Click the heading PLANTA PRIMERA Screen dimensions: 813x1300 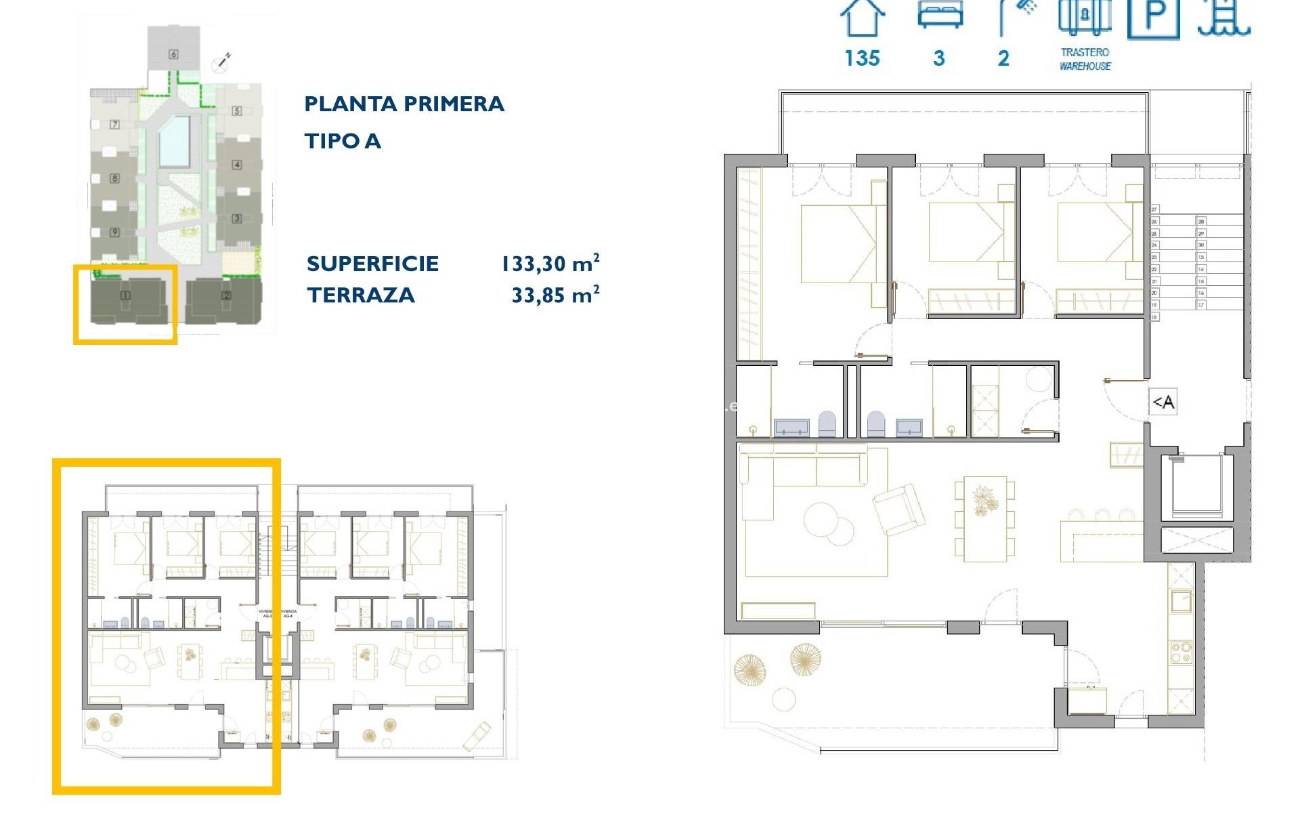click(x=404, y=104)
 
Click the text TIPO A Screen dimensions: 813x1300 click(x=343, y=142)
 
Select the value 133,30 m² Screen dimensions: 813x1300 click(x=550, y=263)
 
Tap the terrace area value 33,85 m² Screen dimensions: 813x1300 click(x=555, y=295)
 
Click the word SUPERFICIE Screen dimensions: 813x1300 click(x=372, y=264)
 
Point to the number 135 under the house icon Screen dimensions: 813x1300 click(x=862, y=58)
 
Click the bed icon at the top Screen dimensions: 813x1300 click(x=940, y=15)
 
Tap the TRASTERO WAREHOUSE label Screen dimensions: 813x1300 click(x=1085, y=59)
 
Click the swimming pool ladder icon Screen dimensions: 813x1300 click(x=1223, y=18)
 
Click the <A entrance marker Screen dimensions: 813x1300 click(x=1163, y=402)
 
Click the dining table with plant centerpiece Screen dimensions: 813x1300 click(x=984, y=518)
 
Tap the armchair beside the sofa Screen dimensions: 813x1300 click(x=899, y=509)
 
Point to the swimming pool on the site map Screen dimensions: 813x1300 click(x=174, y=142)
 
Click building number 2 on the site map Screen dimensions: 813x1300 click(x=226, y=295)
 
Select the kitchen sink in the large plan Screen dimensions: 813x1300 click(x=1181, y=601)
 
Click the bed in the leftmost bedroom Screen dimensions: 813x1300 click(x=840, y=244)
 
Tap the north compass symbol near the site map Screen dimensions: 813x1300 click(x=221, y=62)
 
